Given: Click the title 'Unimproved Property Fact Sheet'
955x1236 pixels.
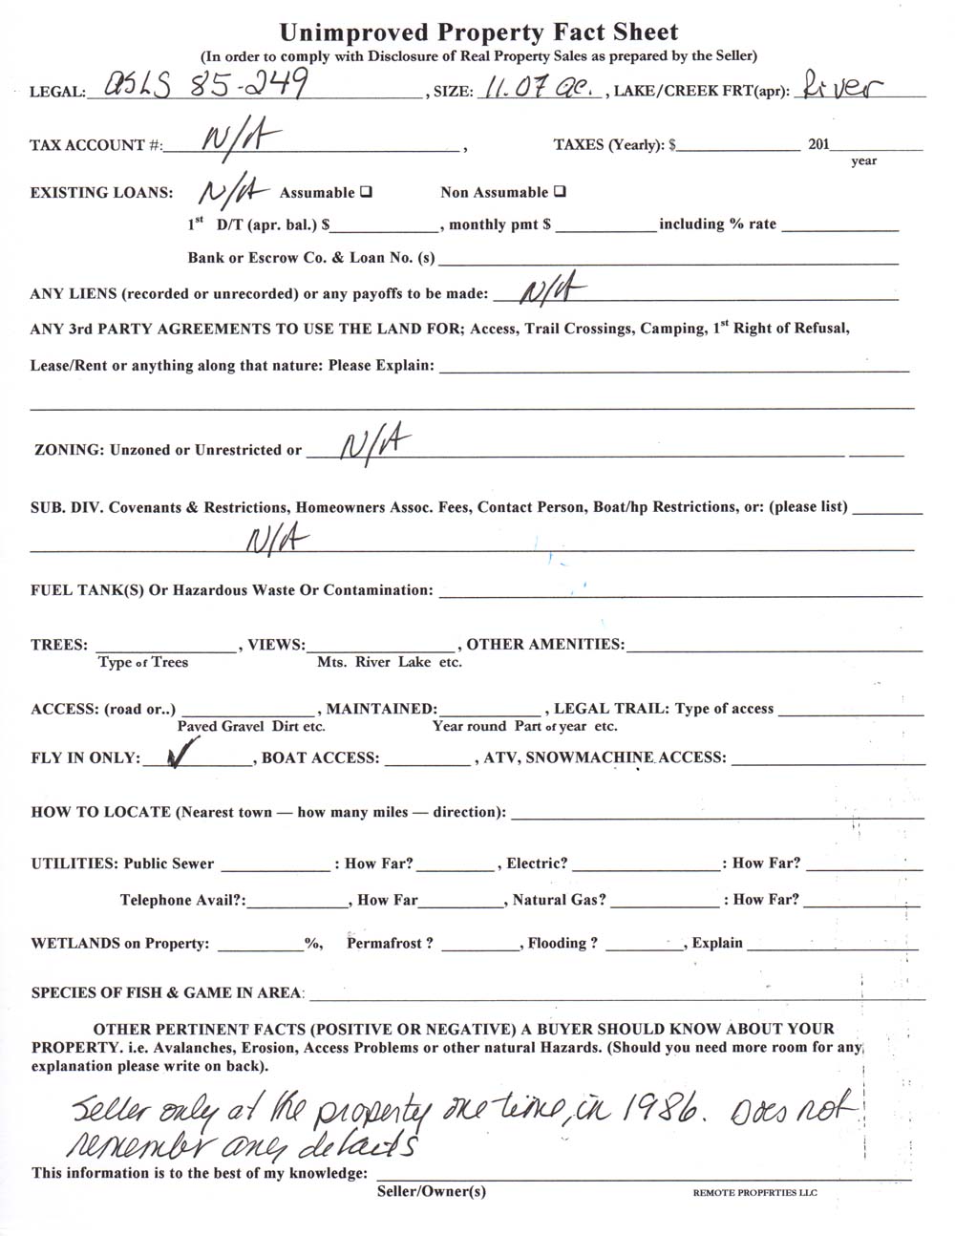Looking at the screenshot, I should click(478, 32).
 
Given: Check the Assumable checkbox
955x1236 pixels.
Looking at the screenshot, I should click(366, 192).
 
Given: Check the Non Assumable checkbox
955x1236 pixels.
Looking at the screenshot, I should click(560, 191).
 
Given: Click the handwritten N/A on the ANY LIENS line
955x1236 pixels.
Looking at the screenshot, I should click(551, 290).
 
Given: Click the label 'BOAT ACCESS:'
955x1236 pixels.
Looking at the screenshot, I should click(320, 758).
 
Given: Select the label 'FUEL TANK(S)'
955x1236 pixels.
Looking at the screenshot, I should click(86, 590).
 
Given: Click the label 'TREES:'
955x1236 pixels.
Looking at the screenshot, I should click(59, 645).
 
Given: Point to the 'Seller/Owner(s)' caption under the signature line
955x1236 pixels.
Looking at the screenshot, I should click(431, 1191).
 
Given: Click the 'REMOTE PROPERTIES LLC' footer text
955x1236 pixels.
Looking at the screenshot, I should click(755, 1193).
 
